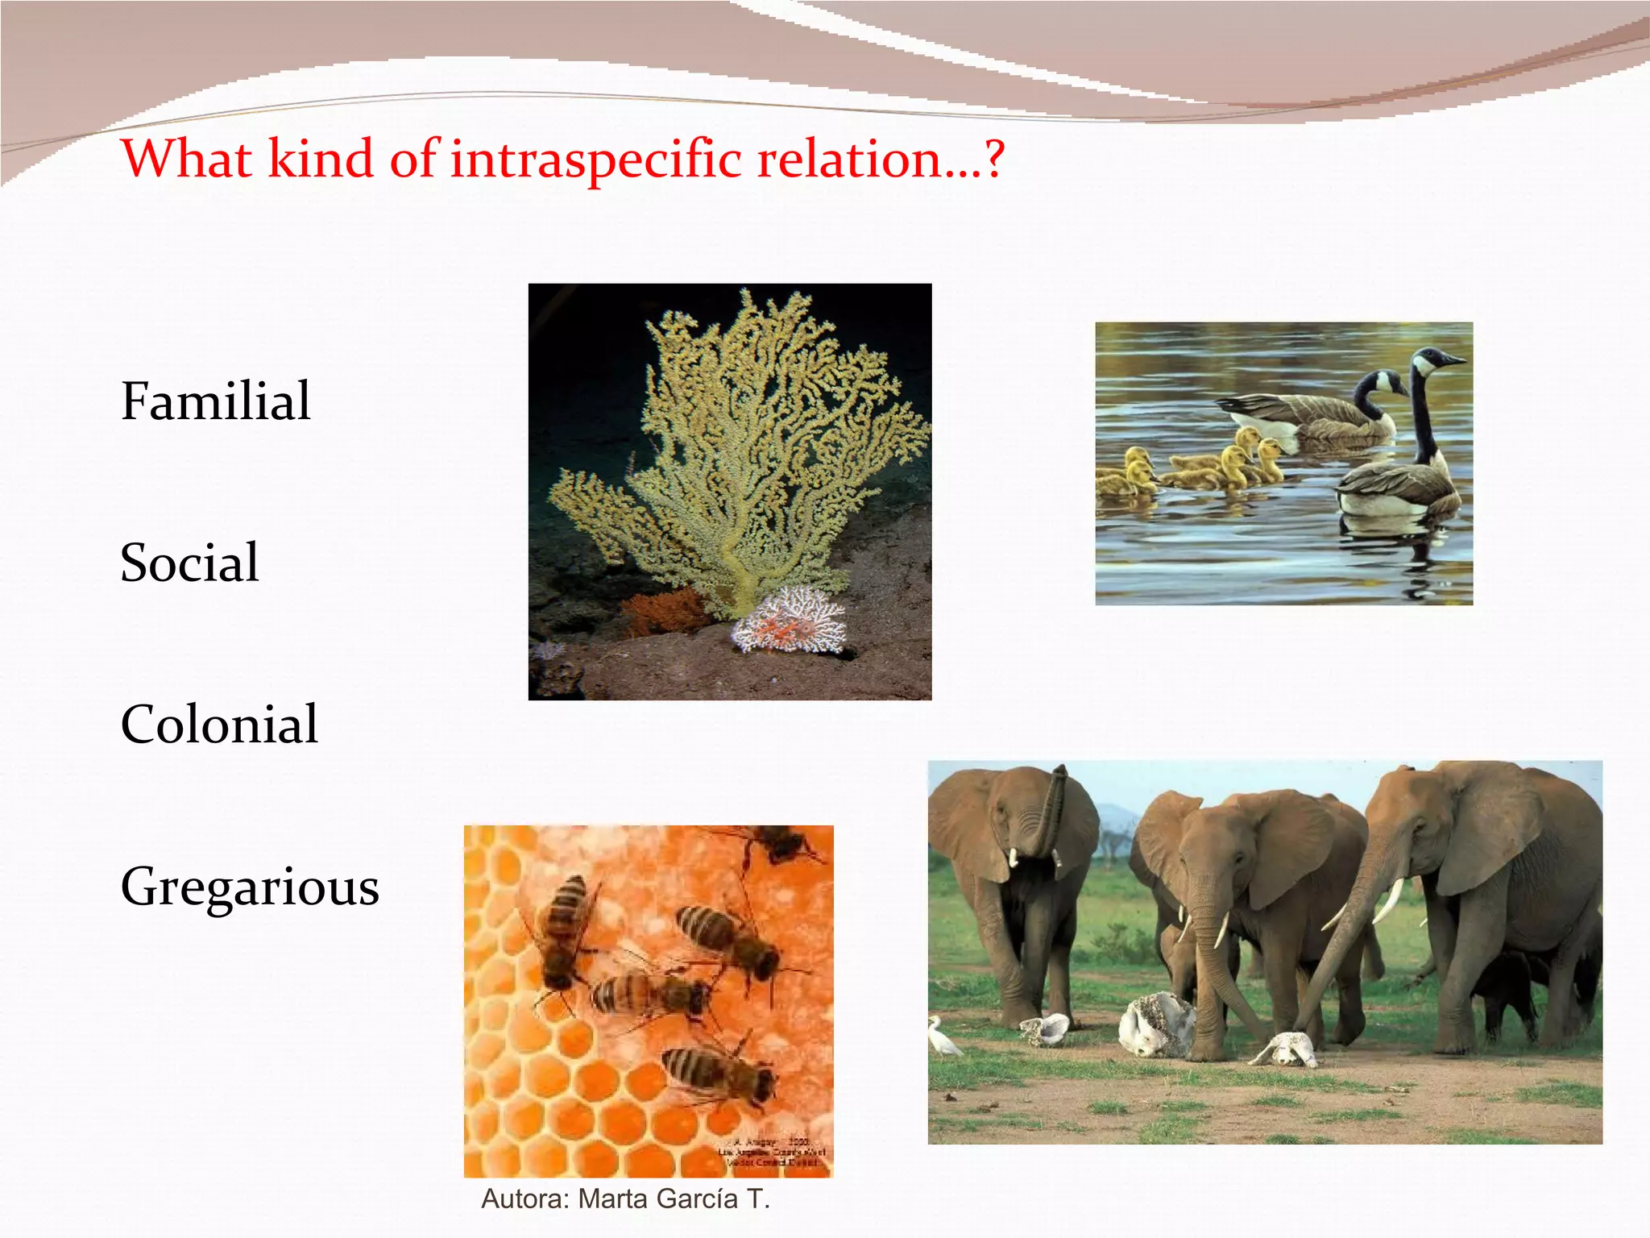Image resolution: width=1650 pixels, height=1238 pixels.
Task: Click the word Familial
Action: click(215, 401)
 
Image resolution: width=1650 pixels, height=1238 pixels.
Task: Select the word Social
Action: click(189, 563)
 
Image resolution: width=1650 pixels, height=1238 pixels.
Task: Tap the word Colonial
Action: click(219, 724)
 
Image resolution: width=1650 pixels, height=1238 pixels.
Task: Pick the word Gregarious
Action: click(250, 887)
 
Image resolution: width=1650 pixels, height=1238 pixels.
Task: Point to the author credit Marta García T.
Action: click(625, 1199)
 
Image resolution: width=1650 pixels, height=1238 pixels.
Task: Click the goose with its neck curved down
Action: click(1321, 411)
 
